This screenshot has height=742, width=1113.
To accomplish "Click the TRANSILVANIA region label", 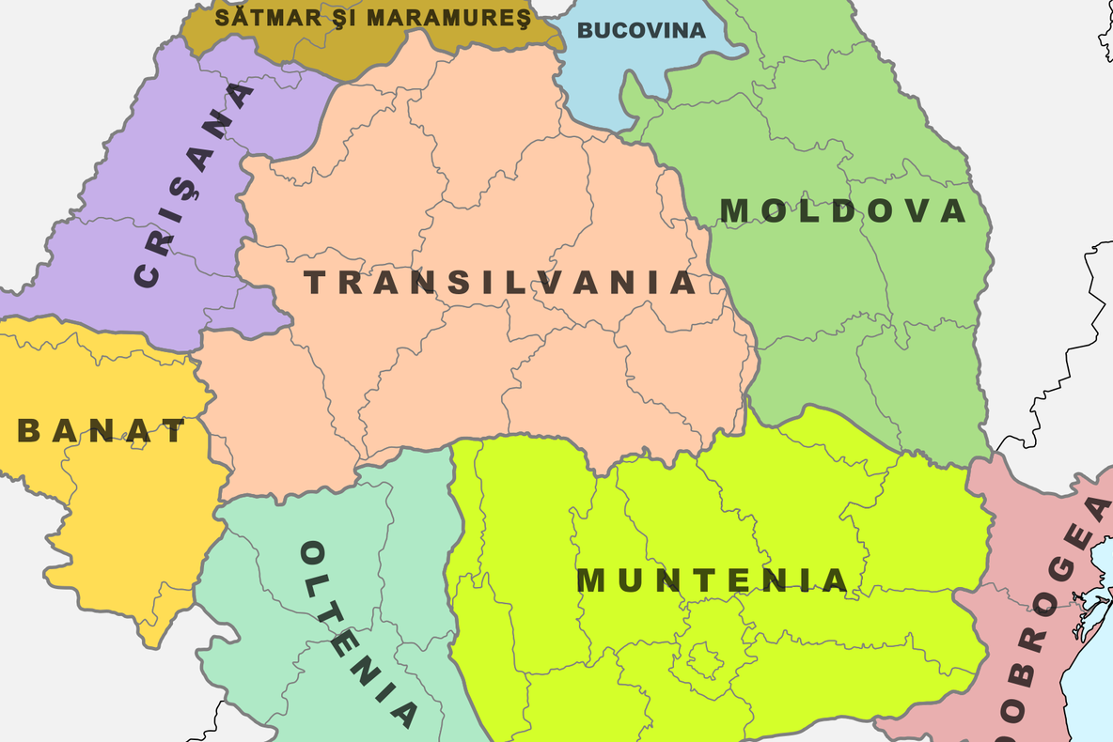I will pyautogui.click(x=500, y=283).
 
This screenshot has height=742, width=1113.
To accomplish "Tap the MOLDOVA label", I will pyautogui.click(x=843, y=211).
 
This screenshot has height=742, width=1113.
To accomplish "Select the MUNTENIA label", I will pyautogui.click(x=713, y=580).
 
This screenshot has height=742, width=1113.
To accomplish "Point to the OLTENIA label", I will pyautogui.click(x=358, y=634).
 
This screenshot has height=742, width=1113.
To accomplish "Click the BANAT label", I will pyautogui.click(x=102, y=431).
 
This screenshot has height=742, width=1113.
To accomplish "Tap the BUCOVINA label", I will pyautogui.click(x=641, y=30).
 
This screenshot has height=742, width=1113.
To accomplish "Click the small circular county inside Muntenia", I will pyautogui.click(x=702, y=657).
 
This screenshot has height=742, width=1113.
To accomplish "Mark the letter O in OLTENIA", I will pyautogui.click(x=313, y=553).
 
